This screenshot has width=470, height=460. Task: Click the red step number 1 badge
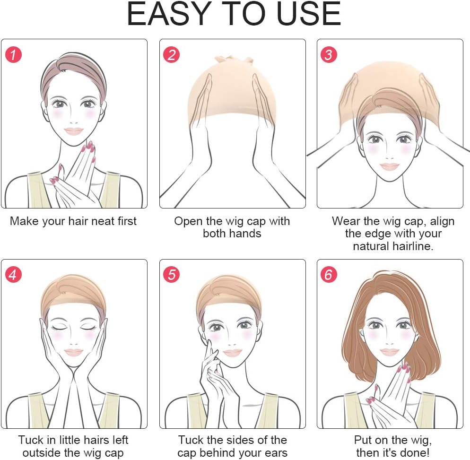coord(14,55)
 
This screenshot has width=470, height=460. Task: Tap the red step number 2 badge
coord(172,55)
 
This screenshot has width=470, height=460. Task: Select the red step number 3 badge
coord(329,55)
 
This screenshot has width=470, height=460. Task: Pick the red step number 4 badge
coord(14,275)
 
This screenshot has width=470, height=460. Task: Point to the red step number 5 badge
coord(172,275)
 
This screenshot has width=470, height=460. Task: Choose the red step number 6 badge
coord(329,275)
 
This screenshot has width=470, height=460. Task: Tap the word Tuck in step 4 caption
coord(31,440)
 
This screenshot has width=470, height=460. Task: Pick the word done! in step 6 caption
coord(415,452)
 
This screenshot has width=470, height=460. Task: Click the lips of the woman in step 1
coord(73,131)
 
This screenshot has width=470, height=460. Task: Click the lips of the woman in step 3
coord(389,166)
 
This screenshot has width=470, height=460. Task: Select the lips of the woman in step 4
coord(73,352)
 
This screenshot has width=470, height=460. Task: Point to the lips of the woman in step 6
coord(389,352)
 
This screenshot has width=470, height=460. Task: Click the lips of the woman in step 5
coord(232,353)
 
